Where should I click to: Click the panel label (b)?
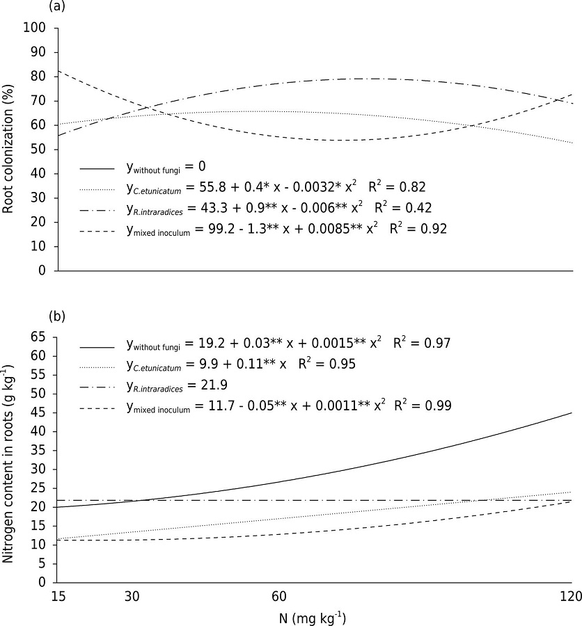(56, 316)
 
